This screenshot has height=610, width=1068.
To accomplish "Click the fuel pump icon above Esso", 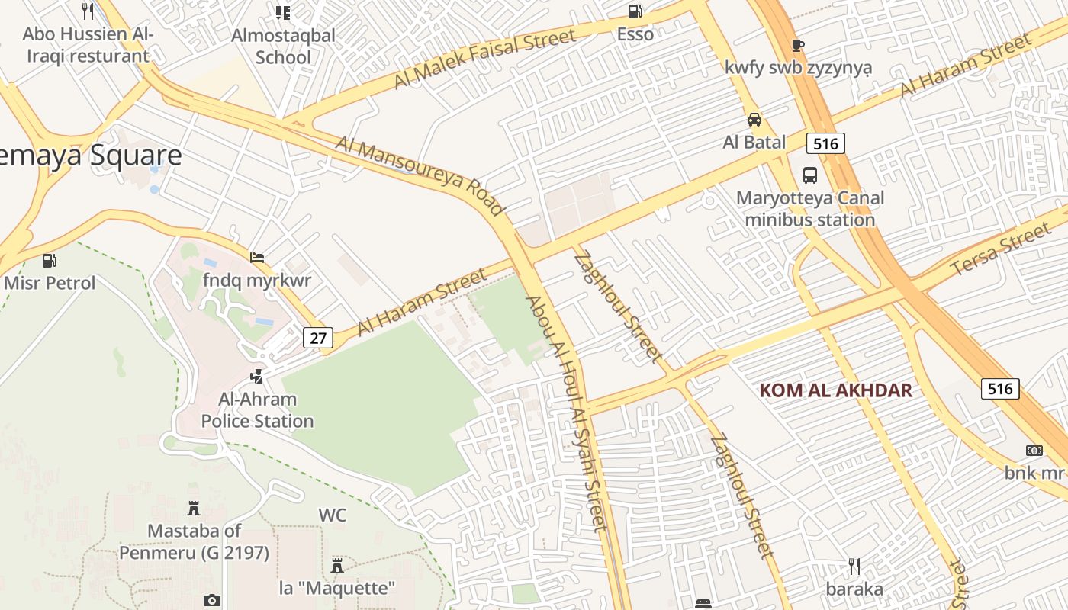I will click(635, 11).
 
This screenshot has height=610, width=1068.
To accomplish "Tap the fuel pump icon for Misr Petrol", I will click(50, 261).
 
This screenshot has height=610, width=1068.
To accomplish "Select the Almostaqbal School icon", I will click(283, 12).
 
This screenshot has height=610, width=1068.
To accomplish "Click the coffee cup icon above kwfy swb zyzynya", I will click(798, 45).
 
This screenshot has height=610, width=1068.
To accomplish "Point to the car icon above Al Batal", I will click(754, 120).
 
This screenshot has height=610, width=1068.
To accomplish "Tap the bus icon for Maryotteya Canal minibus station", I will click(810, 175).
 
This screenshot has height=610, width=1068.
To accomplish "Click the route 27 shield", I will click(318, 337).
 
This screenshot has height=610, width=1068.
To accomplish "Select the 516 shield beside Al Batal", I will click(826, 143).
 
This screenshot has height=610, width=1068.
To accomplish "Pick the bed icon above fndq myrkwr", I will click(257, 258).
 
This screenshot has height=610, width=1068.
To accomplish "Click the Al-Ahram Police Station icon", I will click(257, 376).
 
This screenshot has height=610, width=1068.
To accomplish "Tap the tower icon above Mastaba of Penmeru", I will click(194, 508).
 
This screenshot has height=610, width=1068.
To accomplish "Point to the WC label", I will click(333, 515).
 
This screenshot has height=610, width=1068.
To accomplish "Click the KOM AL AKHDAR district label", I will click(835, 390).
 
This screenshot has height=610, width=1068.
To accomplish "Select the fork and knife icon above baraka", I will click(854, 567).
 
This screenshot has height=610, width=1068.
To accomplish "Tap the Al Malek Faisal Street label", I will click(484, 59).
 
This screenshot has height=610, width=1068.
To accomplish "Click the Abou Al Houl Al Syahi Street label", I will click(566, 412).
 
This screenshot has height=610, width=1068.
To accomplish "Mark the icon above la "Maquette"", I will click(337, 566).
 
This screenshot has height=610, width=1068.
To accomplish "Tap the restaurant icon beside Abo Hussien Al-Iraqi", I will click(88, 11).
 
